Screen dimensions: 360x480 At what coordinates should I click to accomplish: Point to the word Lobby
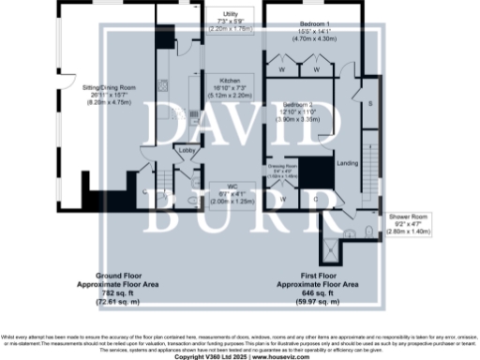pos(186,149)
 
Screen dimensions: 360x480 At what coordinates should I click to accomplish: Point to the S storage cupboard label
pos(370,103)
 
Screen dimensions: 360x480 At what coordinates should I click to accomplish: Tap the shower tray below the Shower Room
pos(331,249)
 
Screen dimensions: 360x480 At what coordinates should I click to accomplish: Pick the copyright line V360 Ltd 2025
pos(239,357)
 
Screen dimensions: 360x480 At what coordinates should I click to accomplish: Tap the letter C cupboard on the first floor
pos(315,199)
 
